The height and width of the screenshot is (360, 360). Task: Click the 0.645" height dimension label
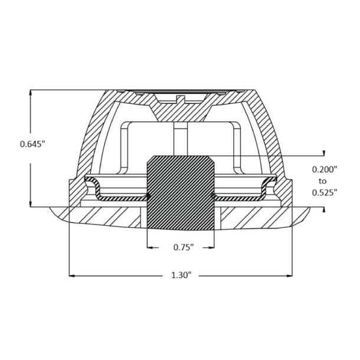pyautogui.click(x=32, y=144)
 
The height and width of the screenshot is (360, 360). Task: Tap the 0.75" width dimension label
pyautogui.click(x=184, y=247)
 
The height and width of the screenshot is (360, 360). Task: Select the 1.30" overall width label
pyautogui.click(x=181, y=275)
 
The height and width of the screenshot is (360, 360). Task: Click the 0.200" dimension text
pyautogui.click(x=325, y=169)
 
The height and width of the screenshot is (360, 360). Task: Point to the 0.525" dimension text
pyautogui.click(x=325, y=192)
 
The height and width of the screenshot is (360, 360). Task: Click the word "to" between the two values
pyautogui.click(x=323, y=181)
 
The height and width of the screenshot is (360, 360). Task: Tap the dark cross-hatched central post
pyautogui.click(x=181, y=193)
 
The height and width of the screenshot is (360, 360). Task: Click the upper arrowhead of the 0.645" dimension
pyautogui.click(x=30, y=92)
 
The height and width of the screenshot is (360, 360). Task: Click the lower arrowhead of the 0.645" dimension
pyautogui.click(x=30, y=204)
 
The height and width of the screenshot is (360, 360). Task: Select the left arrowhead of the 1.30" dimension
pyautogui.click(x=72, y=276)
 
